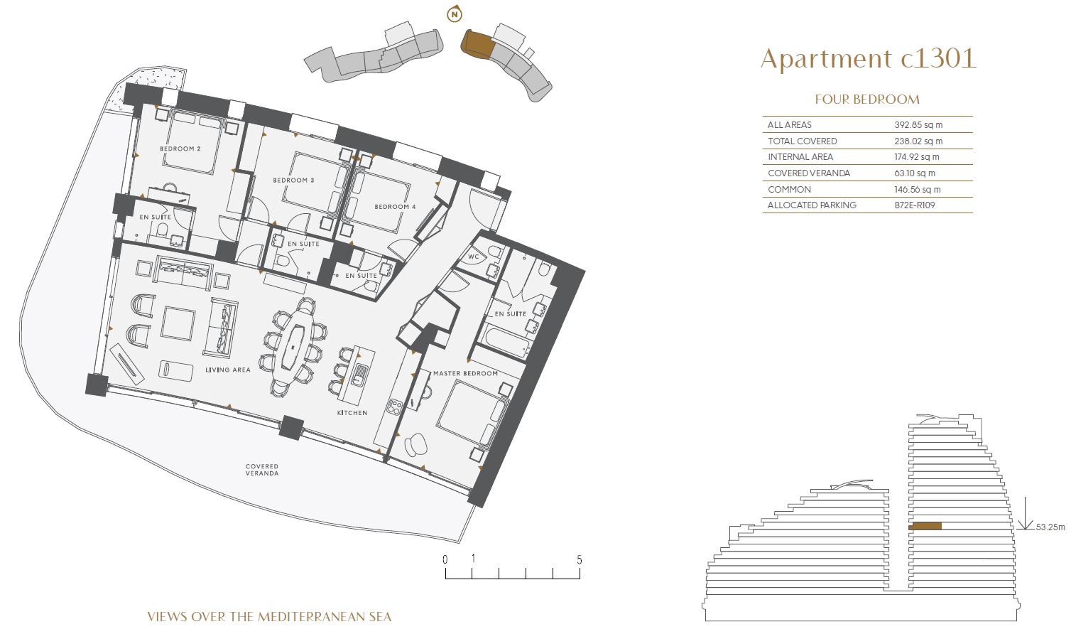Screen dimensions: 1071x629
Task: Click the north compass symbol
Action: [455, 14]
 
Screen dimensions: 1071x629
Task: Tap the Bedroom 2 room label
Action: [180, 149]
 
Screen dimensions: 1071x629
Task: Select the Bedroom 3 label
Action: [293, 181]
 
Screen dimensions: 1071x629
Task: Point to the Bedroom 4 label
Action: [395, 207]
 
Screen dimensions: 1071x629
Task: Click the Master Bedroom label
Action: [465, 373]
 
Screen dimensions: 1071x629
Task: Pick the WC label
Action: [473, 257]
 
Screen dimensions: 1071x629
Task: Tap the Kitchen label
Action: [352, 413]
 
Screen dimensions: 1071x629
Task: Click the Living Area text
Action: [227, 370]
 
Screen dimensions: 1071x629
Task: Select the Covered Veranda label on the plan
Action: [262, 470]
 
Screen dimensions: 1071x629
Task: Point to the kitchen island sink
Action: [359, 375]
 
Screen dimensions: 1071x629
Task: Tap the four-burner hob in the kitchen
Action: [395, 407]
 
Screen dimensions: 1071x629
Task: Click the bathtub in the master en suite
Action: [506, 342]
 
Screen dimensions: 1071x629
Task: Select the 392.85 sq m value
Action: [918, 125]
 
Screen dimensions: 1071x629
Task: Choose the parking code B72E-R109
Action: [915, 205]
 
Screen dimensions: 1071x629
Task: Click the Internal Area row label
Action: [800, 157]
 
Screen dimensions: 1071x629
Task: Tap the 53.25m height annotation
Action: [1050, 527]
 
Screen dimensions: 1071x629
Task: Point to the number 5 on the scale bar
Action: [580, 559]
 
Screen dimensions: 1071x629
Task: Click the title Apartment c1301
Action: [869, 59]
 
